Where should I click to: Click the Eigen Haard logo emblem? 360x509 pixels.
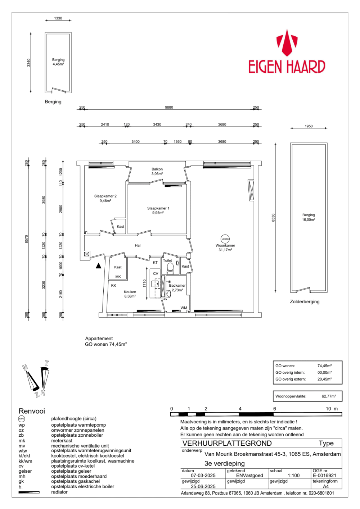(287, 43)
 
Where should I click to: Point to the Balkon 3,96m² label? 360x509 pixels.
(157, 171)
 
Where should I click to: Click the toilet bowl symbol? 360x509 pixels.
(170, 268)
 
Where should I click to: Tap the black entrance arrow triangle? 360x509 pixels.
(99, 266)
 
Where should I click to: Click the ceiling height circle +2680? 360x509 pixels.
(225, 239)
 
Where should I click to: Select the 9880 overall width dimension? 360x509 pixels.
(169, 107)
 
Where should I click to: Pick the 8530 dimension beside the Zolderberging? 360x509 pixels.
(273, 218)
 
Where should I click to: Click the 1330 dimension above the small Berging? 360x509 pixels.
(58, 18)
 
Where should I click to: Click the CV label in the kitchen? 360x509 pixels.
(156, 273)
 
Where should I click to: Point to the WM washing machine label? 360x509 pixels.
(184, 308)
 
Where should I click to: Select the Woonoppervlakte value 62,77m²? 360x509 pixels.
(328, 396)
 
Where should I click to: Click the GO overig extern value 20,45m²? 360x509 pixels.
(324, 379)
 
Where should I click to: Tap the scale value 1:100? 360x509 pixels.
(293, 475)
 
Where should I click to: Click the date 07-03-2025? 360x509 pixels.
(203, 475)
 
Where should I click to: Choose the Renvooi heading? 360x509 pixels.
(32, 411)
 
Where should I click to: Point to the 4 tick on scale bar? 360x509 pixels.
(240, 409)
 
